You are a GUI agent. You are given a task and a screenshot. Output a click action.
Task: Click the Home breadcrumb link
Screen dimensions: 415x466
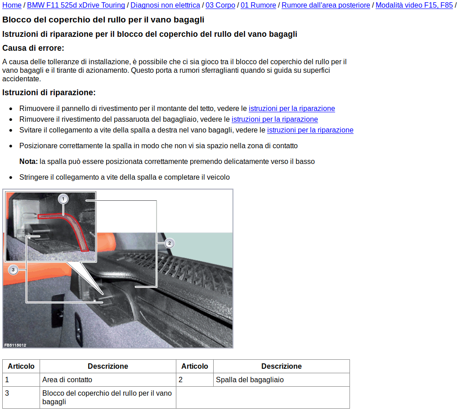(x=12, y=5)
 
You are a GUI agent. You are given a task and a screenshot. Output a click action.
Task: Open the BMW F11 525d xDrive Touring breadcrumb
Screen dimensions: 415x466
(x=76, y=5)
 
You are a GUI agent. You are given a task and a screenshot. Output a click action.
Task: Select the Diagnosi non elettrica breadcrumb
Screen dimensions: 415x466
(x=165, y=5)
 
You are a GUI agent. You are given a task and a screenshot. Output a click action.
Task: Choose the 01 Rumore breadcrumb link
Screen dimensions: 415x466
(x=258, y=5)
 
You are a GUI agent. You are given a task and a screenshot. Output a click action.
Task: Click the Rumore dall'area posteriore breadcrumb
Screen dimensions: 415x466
(x=326, y=5)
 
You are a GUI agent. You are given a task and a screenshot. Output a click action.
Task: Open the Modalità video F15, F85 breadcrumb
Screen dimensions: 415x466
(x=414, y=5)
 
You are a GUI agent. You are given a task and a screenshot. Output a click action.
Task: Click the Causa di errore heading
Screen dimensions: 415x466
(x=33, y=48)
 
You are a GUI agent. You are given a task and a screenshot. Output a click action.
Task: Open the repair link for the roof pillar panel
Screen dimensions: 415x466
(x=291, y=108)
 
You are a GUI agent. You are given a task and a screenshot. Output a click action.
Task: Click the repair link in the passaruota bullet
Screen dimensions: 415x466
(x=274, y=119)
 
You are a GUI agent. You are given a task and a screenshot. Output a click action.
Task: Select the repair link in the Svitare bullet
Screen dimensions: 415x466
(x=310, y=130)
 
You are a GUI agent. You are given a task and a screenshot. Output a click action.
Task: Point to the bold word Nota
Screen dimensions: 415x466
(x=28, y=161)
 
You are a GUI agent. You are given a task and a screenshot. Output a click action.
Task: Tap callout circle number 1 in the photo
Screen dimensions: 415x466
(x=63, y=199)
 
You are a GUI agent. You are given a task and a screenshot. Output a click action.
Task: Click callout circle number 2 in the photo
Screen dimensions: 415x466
(x=169, y=243)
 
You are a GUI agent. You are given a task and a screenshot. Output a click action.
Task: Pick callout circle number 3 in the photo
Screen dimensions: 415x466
(x=13, y=269)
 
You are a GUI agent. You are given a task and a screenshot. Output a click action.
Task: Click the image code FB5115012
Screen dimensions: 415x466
(x=15, y=345)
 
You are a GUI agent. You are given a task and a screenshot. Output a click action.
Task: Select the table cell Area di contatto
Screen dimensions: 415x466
(x=67, y=380)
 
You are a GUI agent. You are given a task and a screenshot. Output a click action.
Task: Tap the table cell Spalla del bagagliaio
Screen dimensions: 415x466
(x=250, y=380)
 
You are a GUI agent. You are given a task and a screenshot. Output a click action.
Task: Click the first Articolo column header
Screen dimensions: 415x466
(x=21, y=366)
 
